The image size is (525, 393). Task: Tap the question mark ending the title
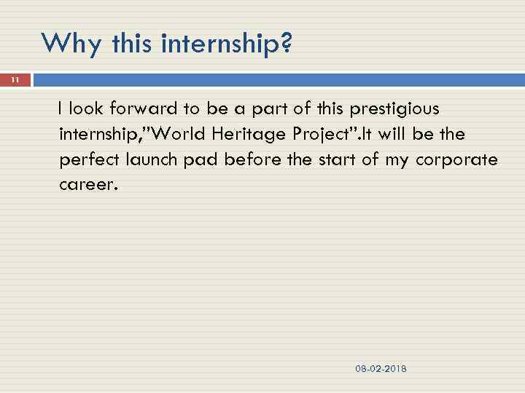286,44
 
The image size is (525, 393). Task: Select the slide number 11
15,81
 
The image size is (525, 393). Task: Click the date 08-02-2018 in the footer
381,369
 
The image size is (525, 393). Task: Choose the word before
250,160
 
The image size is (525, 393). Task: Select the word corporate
456,160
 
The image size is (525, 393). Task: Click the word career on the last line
87,185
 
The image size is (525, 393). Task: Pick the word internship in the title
219,44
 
